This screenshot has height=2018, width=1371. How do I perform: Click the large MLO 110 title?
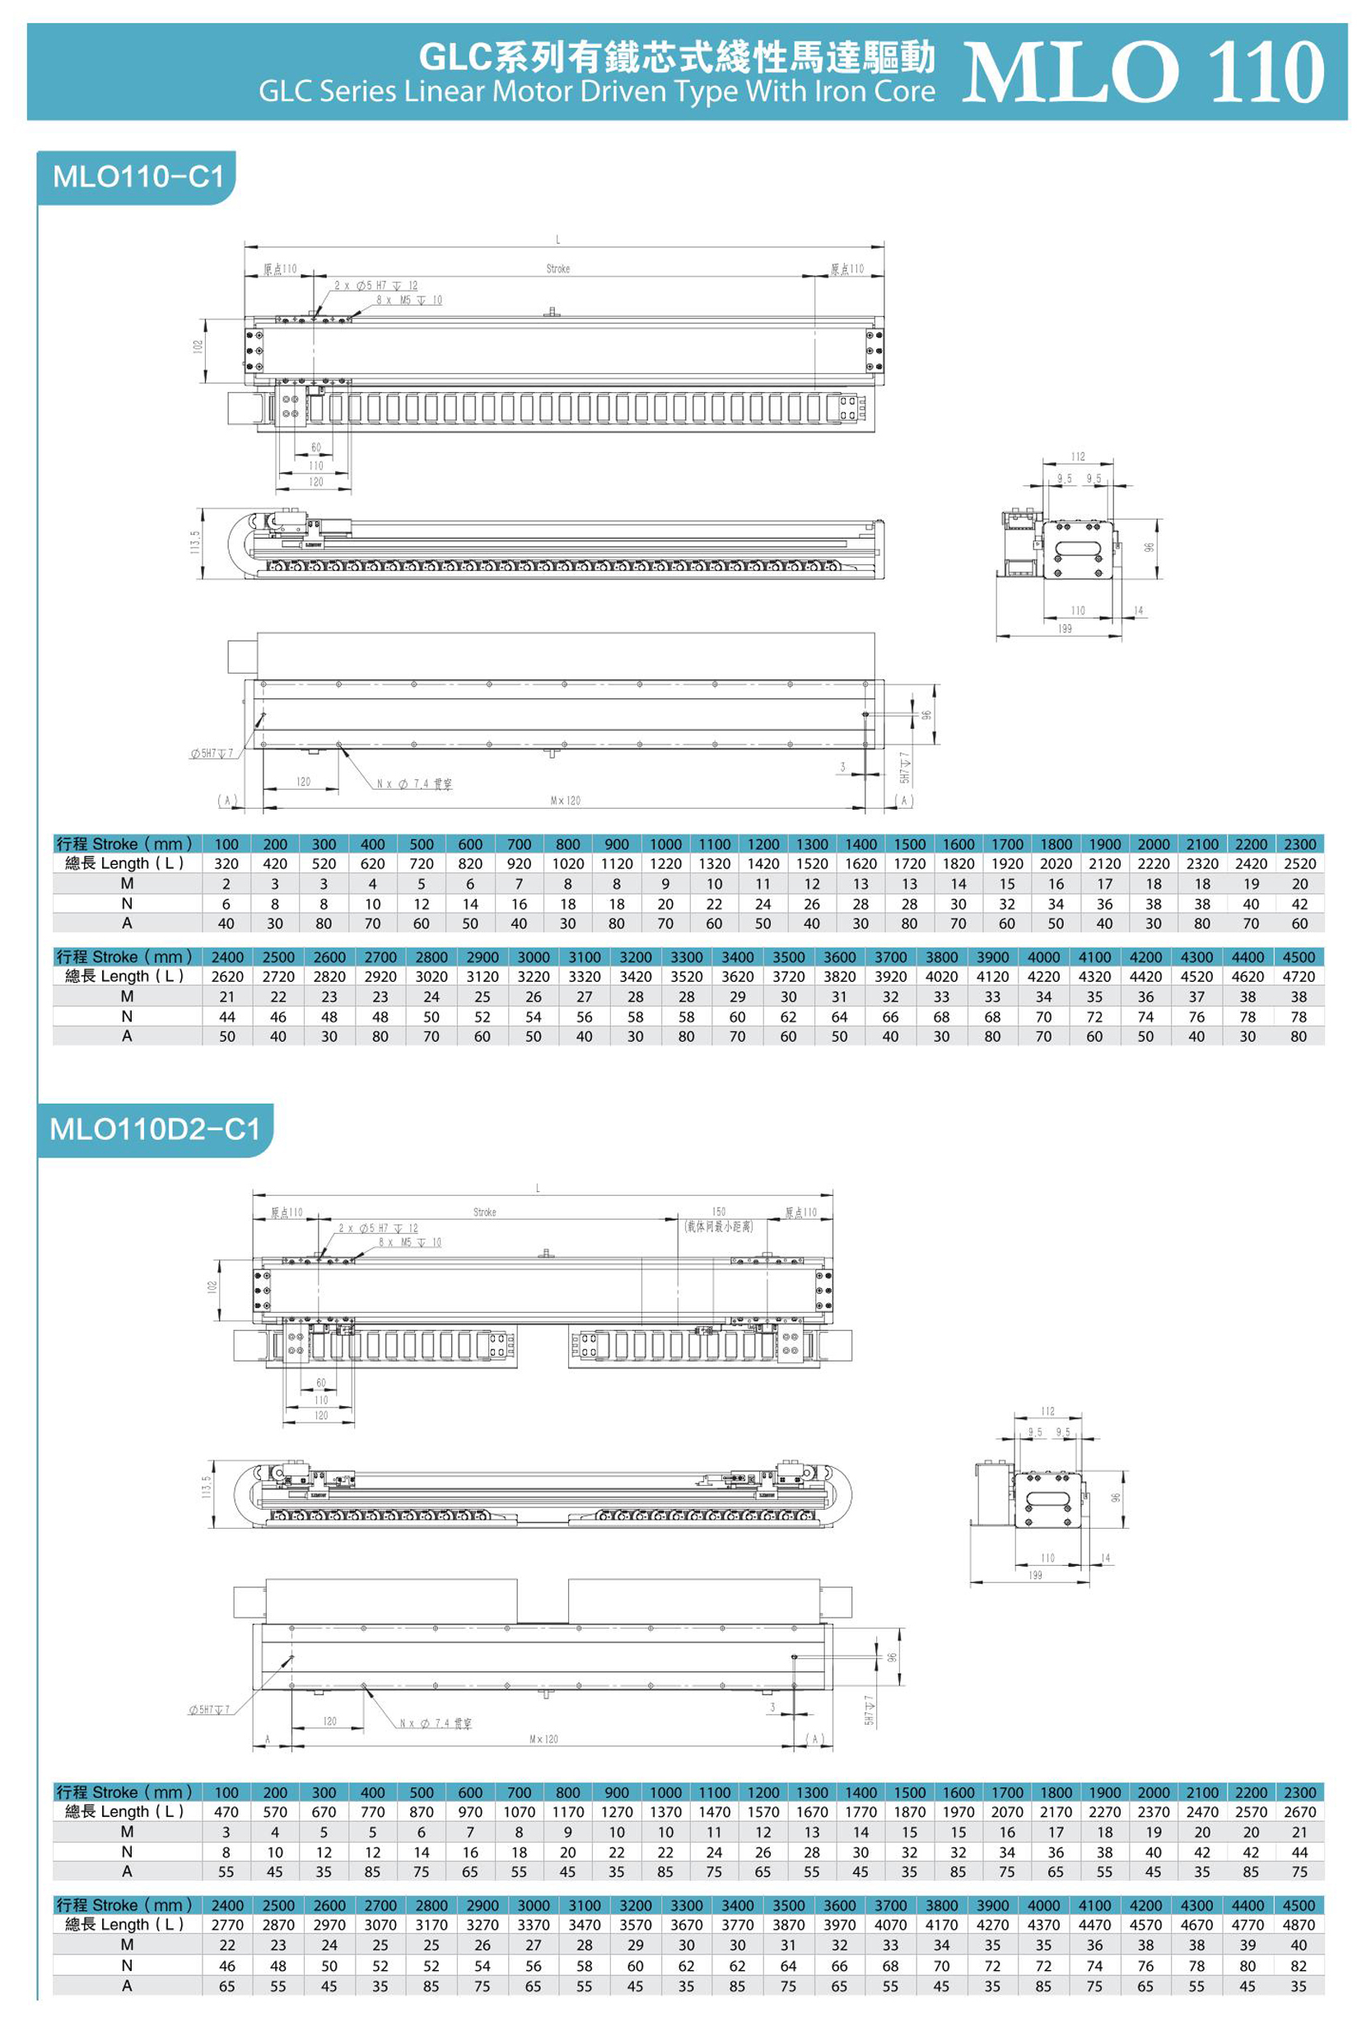1143,72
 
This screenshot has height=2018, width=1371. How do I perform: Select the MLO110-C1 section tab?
138,177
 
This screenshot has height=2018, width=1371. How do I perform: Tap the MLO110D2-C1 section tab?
155,1128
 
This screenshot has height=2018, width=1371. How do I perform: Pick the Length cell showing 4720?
1298,976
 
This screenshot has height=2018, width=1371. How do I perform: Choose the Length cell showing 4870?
1298,1924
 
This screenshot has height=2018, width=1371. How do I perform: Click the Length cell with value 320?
226,863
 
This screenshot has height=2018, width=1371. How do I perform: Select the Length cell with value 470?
226,1811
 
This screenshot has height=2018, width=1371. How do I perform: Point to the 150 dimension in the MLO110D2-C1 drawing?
718,1212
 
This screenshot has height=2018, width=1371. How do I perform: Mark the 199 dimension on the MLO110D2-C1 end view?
1035,1575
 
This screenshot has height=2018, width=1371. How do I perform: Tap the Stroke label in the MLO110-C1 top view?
558,269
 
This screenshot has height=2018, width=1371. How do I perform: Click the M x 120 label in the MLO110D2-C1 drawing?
543,1740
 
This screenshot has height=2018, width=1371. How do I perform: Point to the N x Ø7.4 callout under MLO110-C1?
414,784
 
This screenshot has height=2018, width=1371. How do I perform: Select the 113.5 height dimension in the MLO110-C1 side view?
196,544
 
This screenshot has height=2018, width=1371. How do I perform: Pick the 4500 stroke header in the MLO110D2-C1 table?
1298,1905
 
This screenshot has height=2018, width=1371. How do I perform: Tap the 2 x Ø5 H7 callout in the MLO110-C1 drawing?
376,286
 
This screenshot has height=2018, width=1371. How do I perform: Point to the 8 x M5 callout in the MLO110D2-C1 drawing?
410,1243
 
